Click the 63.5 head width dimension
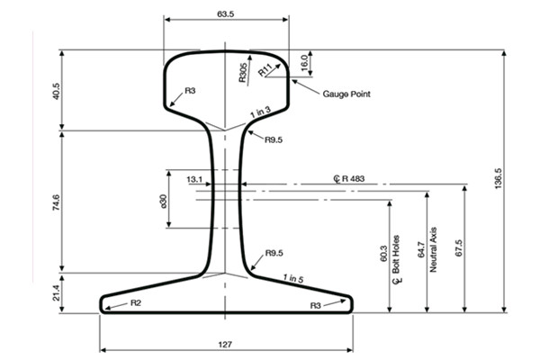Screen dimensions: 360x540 225,14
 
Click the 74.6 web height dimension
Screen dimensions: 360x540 55,202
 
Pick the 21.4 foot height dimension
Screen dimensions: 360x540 55,292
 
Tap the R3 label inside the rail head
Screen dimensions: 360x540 190,91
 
